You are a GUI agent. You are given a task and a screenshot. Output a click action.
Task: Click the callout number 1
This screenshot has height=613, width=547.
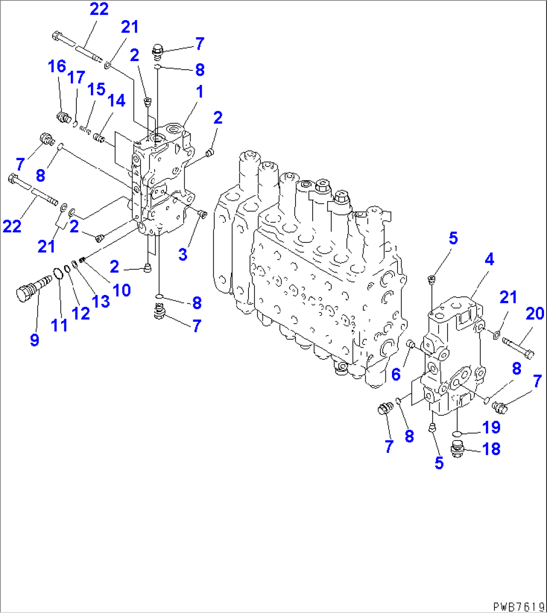point(199,92)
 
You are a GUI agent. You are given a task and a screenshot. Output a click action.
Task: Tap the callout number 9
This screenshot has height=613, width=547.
point(34,341)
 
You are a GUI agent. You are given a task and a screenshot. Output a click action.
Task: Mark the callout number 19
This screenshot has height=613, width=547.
point(492,427)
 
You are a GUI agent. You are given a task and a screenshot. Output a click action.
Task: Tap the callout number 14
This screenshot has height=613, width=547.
point(115,101)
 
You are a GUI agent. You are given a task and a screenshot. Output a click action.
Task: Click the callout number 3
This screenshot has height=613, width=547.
point(183,254)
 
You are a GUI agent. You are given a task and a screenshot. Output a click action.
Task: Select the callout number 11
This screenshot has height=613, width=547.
point(59,326)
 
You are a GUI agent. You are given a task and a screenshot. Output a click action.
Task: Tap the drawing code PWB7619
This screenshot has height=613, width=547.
point(519,606)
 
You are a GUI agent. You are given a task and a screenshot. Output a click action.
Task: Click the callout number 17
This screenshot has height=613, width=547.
point(77,78)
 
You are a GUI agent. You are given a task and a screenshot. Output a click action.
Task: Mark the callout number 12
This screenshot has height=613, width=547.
point(80,314)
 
